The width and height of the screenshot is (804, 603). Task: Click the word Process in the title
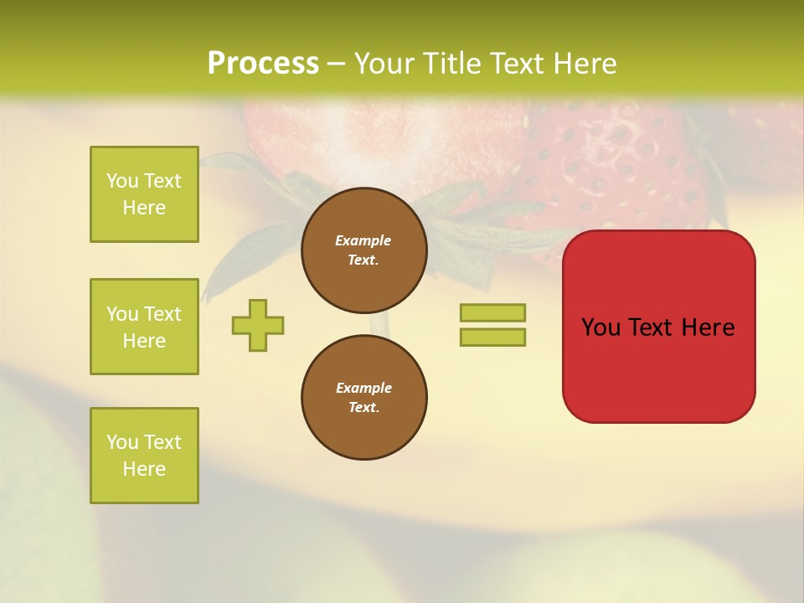[263, 64]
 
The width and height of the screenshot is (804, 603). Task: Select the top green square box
[144, 194]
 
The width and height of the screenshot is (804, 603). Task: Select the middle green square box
[144, 327]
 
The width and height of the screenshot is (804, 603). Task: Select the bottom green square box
[144, 456]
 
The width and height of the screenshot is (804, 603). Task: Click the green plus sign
[258, 325]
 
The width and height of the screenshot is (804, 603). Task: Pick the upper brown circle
[364, 250]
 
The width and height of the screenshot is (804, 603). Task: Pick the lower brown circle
[364, 398]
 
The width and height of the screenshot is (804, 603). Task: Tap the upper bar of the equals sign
[492, 312]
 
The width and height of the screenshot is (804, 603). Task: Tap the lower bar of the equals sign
[492, 338]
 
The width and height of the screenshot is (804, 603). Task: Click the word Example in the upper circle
[363, 240]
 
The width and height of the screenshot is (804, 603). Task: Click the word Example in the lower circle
[363, 388]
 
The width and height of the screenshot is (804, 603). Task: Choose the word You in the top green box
[121, 181]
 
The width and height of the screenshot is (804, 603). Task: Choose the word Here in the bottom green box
[144, 469]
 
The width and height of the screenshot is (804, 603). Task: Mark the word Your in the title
[385, 64]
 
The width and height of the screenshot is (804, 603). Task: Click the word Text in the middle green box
[162, 314]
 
